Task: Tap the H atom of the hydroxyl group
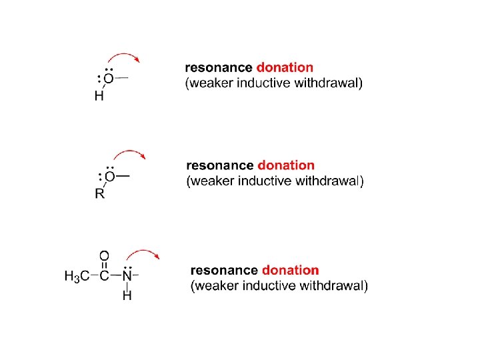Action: tap(99, 96)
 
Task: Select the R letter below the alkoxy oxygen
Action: tap(99, 195)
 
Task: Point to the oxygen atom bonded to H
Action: tap(108, 79)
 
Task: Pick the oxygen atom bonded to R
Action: tap(110, 177)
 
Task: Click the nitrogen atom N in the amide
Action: tap(127, 275)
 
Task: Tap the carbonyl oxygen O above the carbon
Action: tap(104, 256)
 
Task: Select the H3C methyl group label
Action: tap(77, 276)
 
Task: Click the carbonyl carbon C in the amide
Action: tap(104, 276)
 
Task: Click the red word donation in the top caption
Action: tap(285, 67)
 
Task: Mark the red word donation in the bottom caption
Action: tap(291, 270)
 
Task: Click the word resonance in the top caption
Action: tap(219, 67)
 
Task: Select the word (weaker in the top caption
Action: tap(205, 83)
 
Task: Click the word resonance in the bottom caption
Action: tap(224, 270)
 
